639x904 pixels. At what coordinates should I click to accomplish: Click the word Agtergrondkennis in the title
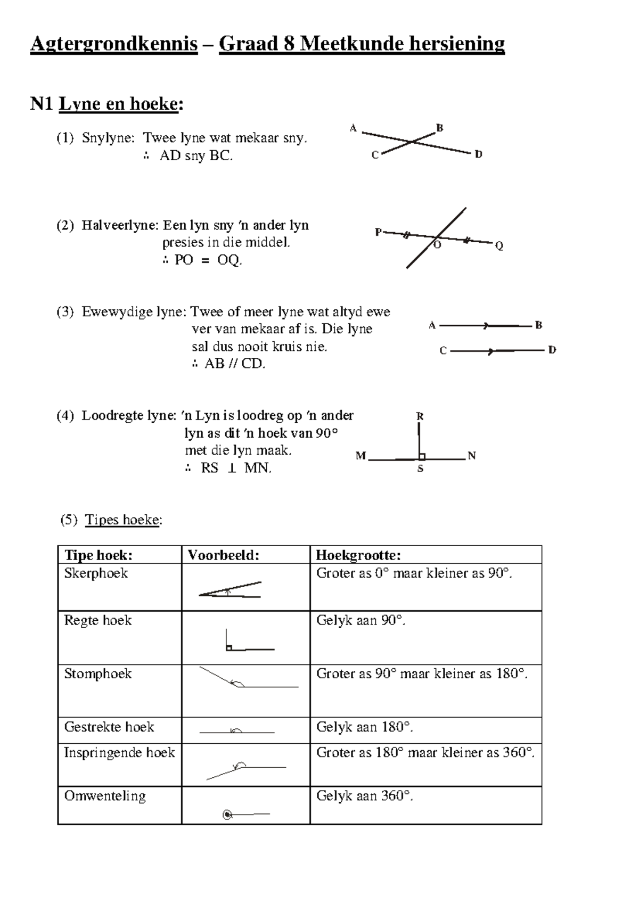pos(114,44)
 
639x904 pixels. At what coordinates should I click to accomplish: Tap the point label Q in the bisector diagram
pos(499,246)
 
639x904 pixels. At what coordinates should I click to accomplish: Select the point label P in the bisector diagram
pos(378,232)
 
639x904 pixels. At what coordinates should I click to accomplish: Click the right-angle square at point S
pos(422,456)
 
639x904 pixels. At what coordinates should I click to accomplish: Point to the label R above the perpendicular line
pos(420,416)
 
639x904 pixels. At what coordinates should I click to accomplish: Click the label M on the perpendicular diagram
pos(361,456)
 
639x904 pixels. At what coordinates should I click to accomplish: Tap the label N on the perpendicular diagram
pos(471,456)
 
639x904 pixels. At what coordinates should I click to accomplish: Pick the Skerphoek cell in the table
pos(96,573)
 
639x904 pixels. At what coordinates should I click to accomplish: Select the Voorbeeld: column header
pos(224,555)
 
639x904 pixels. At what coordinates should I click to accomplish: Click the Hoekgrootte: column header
pos(358,555)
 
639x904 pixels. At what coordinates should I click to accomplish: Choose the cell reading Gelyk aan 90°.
pos(361,620)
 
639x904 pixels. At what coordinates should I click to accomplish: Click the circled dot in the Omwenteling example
pos(227,814)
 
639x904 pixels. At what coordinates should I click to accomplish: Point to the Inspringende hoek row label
pos(119,752)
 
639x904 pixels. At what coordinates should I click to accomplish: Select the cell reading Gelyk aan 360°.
pos(364,796)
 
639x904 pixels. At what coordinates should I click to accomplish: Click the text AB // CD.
pos(234,364)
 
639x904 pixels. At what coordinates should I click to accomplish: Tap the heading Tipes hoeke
pos(122,520)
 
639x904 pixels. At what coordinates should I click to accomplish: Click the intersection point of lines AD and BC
pos(412,142)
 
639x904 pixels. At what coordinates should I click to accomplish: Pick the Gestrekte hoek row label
pos(109,727)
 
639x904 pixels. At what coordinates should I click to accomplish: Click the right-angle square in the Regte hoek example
pos(228,647)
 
